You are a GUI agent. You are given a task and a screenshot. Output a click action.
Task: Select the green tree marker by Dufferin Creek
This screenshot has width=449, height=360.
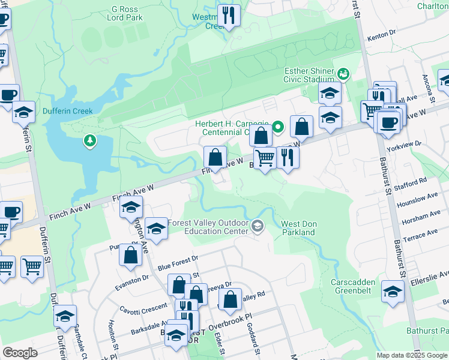tap(90, 140)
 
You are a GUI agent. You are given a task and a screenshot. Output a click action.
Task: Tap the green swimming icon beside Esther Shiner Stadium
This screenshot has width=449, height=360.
tap(343, 74)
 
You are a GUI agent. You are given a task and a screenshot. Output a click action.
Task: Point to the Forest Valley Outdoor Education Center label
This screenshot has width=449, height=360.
tap(208, 227)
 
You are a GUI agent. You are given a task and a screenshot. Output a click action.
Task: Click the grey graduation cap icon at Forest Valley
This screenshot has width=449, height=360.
tap(258, 226)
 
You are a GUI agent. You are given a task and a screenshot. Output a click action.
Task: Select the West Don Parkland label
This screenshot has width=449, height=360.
tap(298, 228)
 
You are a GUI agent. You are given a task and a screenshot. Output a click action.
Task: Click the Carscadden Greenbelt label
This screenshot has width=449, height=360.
tap(354, 286)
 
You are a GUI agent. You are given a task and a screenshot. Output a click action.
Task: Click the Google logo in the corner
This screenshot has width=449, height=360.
tap(20, 352)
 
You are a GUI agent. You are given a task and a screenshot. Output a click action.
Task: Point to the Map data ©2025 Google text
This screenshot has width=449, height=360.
tap(411, 355)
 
